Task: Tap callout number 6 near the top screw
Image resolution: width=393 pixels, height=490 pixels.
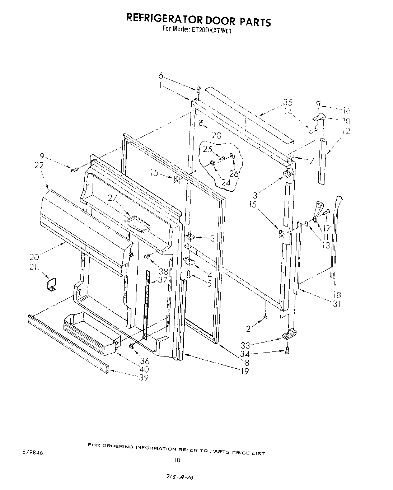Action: click(161, 76)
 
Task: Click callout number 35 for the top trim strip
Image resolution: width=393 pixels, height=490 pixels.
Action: click(288, 102)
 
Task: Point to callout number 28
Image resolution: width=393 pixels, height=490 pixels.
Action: click(216, 135)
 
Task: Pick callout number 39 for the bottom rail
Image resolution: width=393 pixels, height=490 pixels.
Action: click(144, 377)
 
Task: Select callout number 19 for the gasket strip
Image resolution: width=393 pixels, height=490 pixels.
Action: click(245, 371)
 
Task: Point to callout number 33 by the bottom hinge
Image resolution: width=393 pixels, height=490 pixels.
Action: click(245, 345)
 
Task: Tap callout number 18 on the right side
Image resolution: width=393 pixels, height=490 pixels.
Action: click(337, 295)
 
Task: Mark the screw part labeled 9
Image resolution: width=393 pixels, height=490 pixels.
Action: click(75, 170)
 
